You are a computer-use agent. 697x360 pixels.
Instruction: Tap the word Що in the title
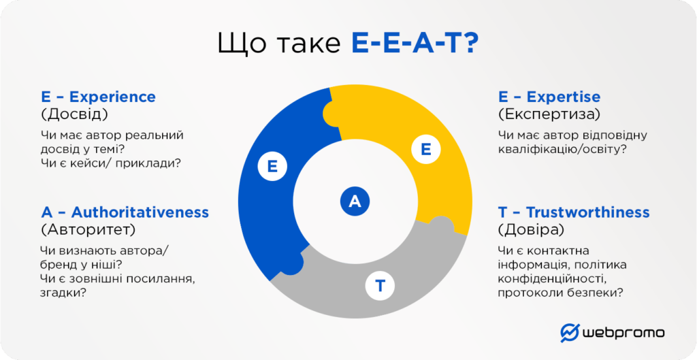(243, 45)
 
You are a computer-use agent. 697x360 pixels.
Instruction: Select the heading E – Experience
(98, 97)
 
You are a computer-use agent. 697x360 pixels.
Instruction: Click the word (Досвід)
(74, 114)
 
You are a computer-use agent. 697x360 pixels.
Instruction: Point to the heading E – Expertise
(549, 97)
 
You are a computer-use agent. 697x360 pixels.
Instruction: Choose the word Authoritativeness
(140, 212)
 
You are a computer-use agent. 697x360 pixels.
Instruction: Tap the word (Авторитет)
(88, 231)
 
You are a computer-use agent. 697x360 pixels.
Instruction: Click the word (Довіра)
(531, 231)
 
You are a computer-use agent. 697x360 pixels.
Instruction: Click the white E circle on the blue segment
(272, 167)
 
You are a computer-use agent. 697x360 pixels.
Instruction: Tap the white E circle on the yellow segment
(426, 149)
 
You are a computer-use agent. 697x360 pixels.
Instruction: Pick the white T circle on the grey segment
(380, 287)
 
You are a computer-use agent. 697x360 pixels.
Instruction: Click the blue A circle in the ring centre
(355, 202)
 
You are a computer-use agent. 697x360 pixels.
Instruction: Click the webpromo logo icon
(570, 333)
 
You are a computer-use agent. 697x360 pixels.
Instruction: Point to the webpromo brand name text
(623, 333)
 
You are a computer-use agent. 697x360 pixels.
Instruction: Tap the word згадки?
(63, 293)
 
